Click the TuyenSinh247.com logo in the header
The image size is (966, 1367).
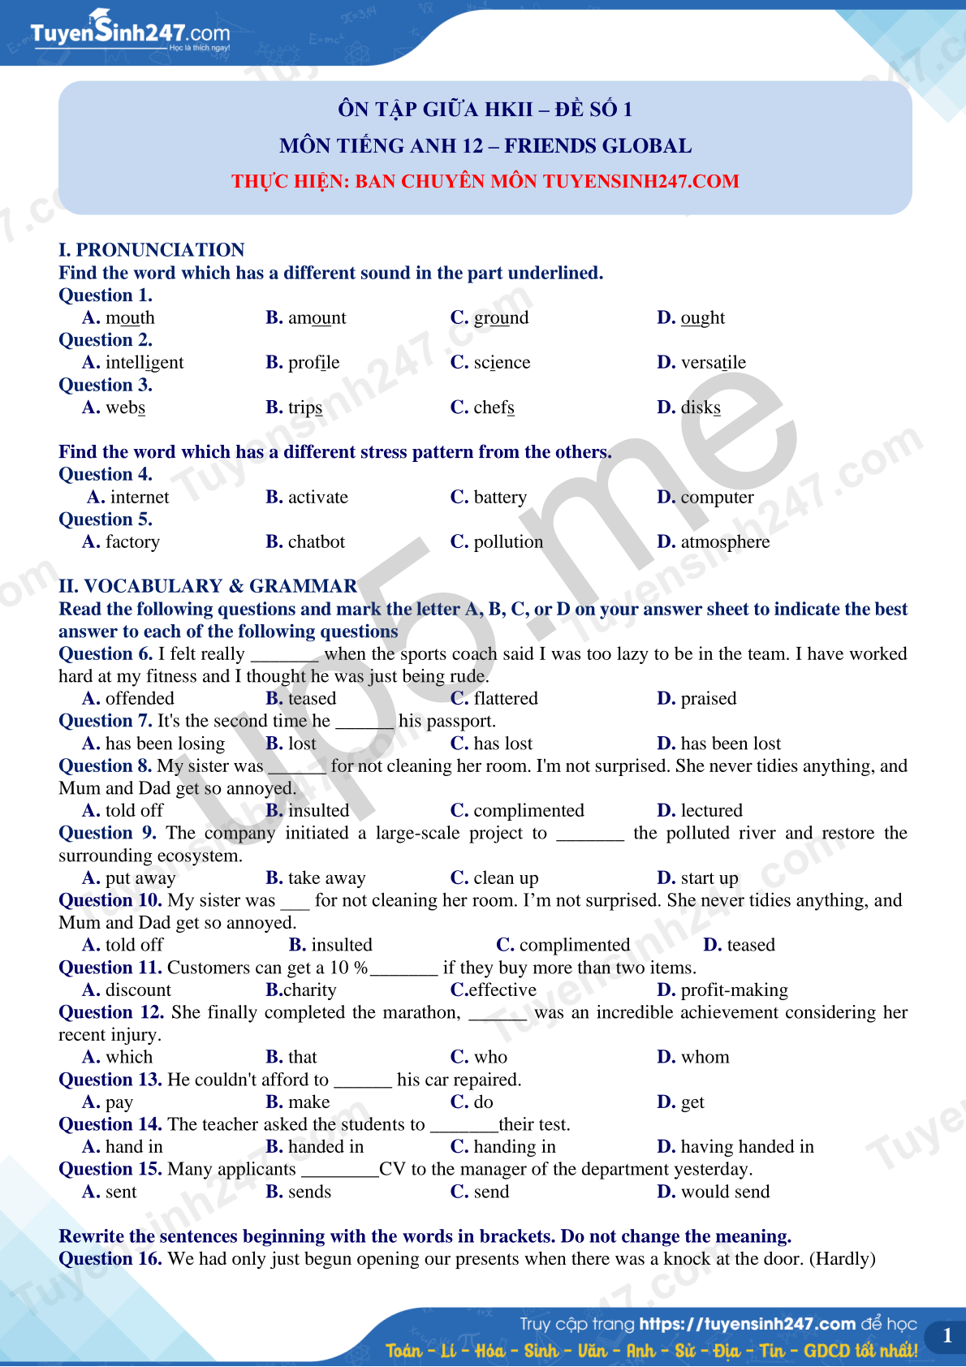(x=130, y=32)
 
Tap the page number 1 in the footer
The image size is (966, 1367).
(x=947, y=1336)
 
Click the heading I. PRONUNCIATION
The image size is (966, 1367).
(x=152, y=250)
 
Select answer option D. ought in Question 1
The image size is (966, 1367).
(x=691, y=317)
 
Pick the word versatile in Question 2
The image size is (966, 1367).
(x=713, y=362)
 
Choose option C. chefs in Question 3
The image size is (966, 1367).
(x=482, y=408)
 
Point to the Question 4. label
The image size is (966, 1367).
(x=106, y=474)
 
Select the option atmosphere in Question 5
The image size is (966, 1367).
(x=725, y=541)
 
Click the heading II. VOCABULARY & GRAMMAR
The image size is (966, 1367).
(x=208, y=586)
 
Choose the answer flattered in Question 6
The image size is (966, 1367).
(x=505, y=698)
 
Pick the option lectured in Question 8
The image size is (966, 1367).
(x=711, y=810)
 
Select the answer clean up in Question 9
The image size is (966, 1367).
(x=505, y=878)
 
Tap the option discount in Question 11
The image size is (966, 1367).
(x=138, y=990)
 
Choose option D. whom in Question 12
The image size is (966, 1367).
(x=705, y=1057)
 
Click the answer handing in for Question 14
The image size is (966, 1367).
(x=514, y=1146)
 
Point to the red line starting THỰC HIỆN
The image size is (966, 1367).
(x=485, y=181)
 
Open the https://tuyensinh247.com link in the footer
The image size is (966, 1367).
(x=747, y=1324)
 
